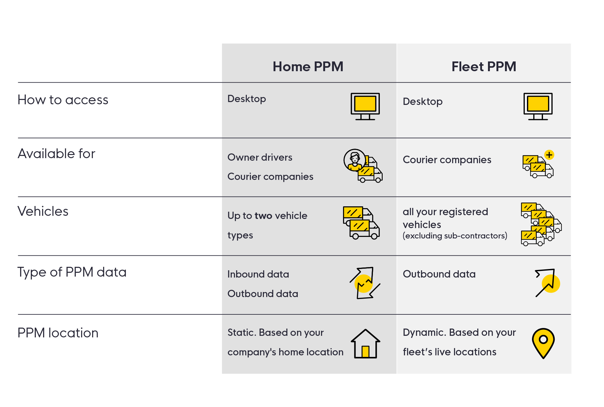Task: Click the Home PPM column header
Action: pyautogui.click(x=308, y=66)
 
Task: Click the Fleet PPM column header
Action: pyautogui.click(x=484, y=66)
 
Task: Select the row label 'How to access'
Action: pyautogui.click(x=63, y=100)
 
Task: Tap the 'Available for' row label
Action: pyautogui.click(x=56, y=154)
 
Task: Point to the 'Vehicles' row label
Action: pyautogui.click(x=43, y=211)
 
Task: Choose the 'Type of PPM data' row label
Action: pyautogui.click(x=72, y=272)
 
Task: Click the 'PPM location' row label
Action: pyautogui.click(x=58, y=333)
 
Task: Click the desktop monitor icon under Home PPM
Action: pyautogui.click(x=365, y=106)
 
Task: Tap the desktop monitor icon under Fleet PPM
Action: pyautogui.click(x=538, y=106)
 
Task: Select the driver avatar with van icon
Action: pyautogui.click(x=363, y=165)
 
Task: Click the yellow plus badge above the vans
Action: pyautogui.click(x=549, y=155)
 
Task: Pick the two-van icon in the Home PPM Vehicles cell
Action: pyautogui.click(x=361, y=223)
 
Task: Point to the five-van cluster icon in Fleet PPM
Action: pyautogui.click(x=540, y=224)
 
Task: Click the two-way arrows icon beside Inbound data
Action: pyautogui.click(x=365, y=283)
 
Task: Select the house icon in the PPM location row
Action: pyautogui.click(x=365, y=344)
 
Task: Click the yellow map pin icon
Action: pyautogui.click(x=543, y=343)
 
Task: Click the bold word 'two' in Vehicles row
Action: pyautogui.click(x=263, y=216)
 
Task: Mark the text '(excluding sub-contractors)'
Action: pyautogui.click(x=455, y=236)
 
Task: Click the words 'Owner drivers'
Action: pyautogui.click(x=260, y=157)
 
